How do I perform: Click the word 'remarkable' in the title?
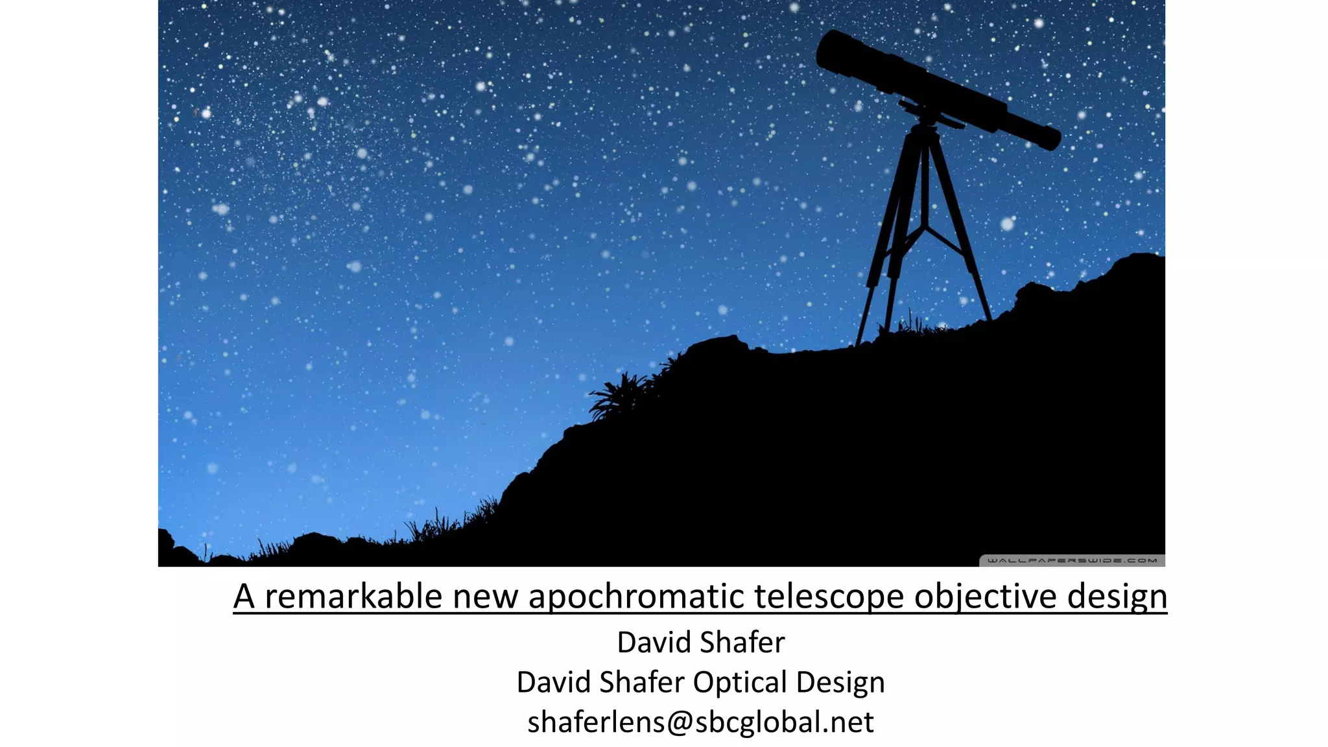pyautogui.click(x=353, y=596)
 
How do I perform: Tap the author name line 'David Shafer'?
pyautogui.click(x=700, y=642)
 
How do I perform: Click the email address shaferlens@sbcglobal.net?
pyautogui.click(x=700, y=722)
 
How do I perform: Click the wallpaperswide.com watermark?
pyautogui.click(x=1071, y=560)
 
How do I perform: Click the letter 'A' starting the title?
pyautogui.click(x=244, y=596)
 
